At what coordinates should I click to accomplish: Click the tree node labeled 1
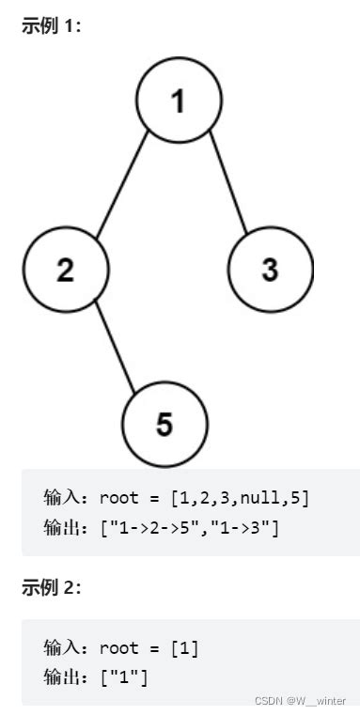point(179,101)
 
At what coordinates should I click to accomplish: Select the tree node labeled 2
point(65,270)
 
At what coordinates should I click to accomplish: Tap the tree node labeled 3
point(270,270)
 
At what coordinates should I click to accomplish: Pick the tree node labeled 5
point(164,425)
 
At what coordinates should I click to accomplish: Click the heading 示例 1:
point(51,26)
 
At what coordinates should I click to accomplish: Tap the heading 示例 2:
point(51,588)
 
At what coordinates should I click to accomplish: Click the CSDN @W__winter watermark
point(303,700)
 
